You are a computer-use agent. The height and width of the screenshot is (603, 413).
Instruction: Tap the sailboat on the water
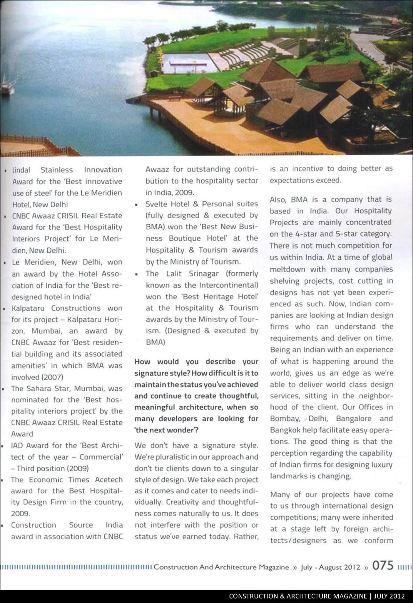[x=5, y=85]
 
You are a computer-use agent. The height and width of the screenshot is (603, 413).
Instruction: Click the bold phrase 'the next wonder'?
[x=166, y=430]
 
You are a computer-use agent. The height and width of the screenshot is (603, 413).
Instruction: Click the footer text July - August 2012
[x=330, y=567]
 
